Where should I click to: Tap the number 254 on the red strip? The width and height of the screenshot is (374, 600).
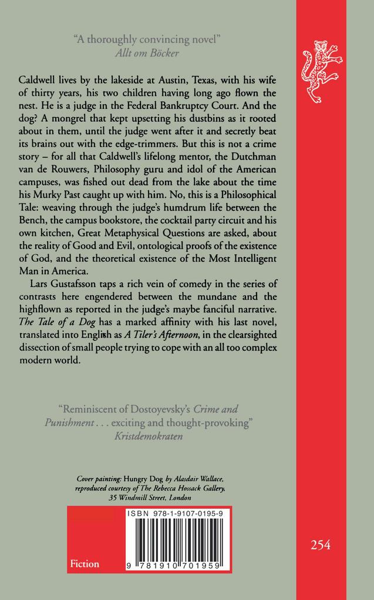pos(321,545)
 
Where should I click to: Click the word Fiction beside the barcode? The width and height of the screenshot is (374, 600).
pos(85,564)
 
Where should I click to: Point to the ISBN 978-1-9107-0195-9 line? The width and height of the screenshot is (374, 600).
pos(178,514)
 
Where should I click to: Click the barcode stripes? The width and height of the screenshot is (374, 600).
pos(177,540)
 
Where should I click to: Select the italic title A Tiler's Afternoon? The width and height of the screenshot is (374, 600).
pos(157,335)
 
